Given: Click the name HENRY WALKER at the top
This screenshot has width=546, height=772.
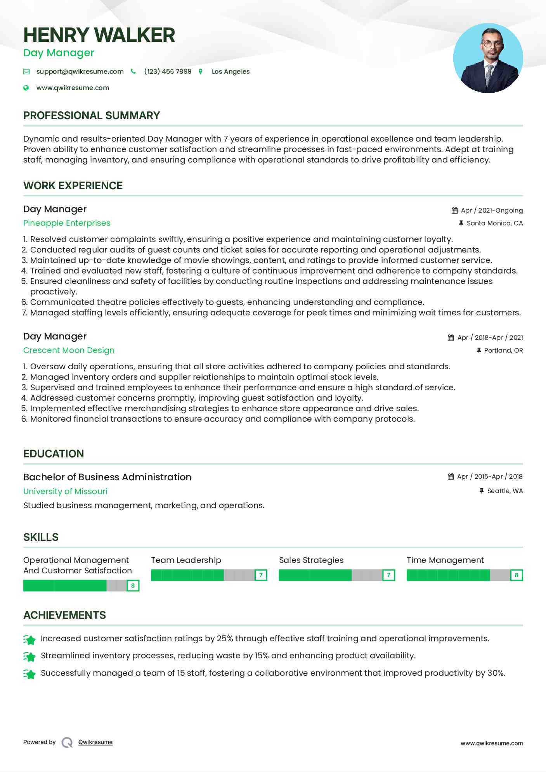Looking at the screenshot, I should [99, 35].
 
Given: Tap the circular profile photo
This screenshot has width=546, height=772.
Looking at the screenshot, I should [488, 58].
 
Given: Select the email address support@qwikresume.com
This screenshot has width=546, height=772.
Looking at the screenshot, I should [80, 71].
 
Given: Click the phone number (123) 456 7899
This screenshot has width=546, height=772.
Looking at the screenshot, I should [168, 71].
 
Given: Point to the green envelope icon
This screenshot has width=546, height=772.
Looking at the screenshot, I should [26, 71].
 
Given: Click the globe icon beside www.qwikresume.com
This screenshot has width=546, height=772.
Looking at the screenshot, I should [26, 88].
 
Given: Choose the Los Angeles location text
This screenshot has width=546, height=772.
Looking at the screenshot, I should [231, 71].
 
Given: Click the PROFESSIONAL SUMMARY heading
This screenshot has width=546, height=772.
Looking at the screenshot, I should [92, 116].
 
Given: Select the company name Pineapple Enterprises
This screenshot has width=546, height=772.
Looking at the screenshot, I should [67, 223].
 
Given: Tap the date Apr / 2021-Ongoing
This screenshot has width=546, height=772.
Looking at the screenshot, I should [492, 210].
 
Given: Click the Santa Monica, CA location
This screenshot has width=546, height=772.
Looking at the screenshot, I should [494, 223].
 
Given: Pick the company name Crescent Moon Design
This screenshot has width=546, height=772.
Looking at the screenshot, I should [69, 350].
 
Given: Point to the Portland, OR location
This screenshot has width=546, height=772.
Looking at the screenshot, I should [503, 350].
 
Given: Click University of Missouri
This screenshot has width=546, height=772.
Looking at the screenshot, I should [65, 491].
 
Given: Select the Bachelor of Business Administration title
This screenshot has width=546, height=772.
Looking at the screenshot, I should [107, 477].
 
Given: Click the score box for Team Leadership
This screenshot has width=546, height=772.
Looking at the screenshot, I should [261, 575].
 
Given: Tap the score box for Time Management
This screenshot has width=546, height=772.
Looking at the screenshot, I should [517, 575].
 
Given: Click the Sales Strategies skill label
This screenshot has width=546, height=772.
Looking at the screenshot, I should [311, 560].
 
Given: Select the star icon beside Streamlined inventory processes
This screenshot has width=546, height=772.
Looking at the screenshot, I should [29, 656].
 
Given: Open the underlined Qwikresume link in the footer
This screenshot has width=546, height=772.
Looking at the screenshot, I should [95, 742].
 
